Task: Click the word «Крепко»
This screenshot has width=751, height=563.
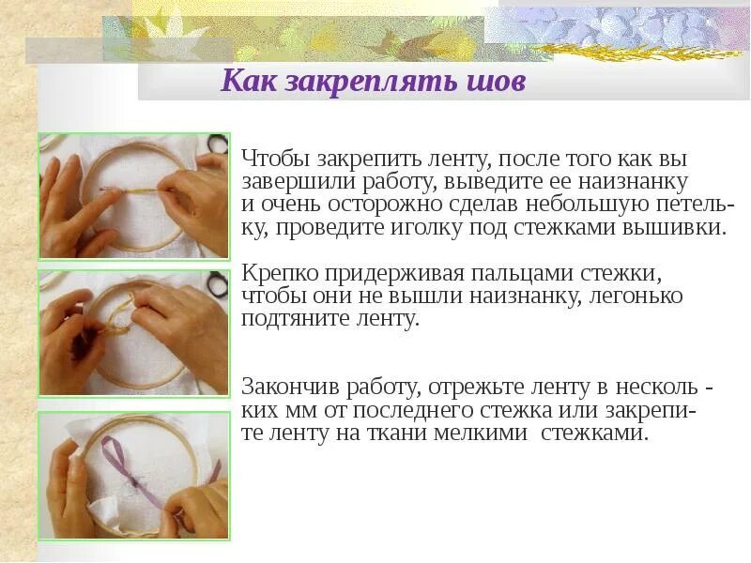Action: [280, 274]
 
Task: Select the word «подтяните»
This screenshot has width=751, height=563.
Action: [288, 319]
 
